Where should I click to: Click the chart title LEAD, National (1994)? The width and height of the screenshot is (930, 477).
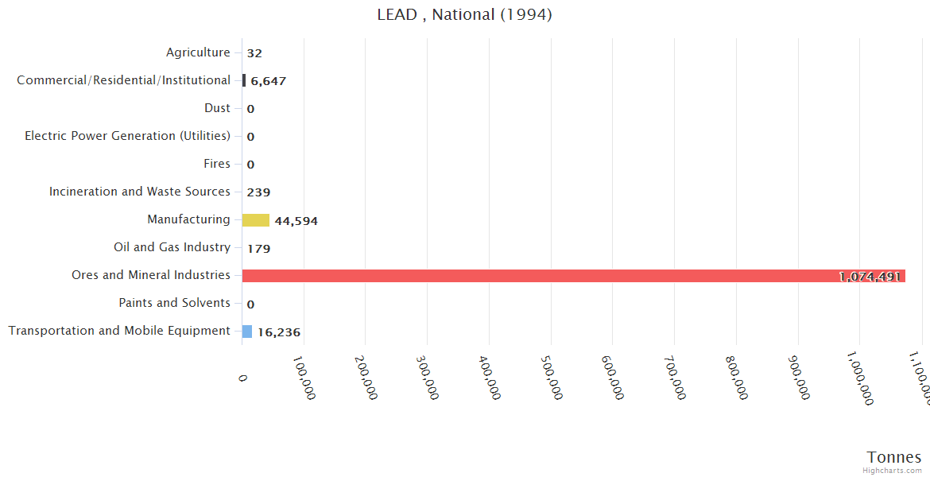tap(464, 14)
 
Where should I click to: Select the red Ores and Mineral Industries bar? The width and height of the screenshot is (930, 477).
tap(572, 276)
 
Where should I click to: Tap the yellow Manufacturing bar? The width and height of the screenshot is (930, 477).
tap(256, 220)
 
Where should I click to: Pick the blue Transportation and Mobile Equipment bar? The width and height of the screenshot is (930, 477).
tap(247, 332)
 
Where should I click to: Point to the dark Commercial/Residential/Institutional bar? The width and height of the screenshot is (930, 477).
tap(244, 80)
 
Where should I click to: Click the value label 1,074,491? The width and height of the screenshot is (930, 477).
tap(870, 277)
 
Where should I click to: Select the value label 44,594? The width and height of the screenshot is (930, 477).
tap(296, 221)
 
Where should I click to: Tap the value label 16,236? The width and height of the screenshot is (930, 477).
tap(278, 332)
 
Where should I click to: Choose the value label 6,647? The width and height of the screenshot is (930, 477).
tap(268, 81)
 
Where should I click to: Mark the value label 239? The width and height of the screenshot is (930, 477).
tap(258, 192)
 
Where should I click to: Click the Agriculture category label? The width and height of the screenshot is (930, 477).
tap(198, 52)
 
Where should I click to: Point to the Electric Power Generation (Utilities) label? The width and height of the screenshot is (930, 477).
tap(127, 136)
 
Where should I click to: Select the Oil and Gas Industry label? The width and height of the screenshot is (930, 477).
tap(172, 247)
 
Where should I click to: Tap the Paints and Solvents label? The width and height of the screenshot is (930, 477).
tap(174, 303)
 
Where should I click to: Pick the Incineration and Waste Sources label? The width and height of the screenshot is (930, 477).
tap(140, 192)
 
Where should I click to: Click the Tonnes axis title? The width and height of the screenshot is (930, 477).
tap(894, 457)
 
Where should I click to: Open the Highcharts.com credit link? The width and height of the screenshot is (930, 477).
tap(893, 471)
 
